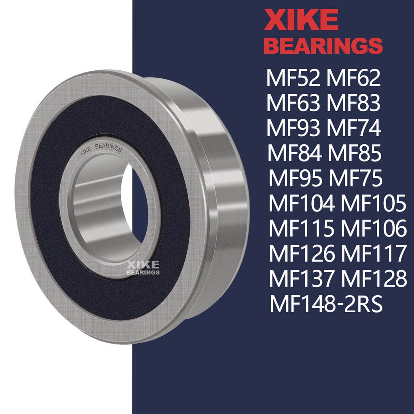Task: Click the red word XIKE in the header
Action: click(301, 20)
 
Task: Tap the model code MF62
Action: click(354, 78)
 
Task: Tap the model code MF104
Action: click(302, 204)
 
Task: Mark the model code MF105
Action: click(373, 204)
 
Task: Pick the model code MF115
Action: click(302, 229)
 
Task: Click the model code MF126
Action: click(302, 254)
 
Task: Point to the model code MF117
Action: click(373, 254)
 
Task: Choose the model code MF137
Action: click(302, 279)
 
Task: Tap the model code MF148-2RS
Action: click(326, 305)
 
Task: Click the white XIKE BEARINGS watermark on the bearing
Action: click(144, 268)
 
